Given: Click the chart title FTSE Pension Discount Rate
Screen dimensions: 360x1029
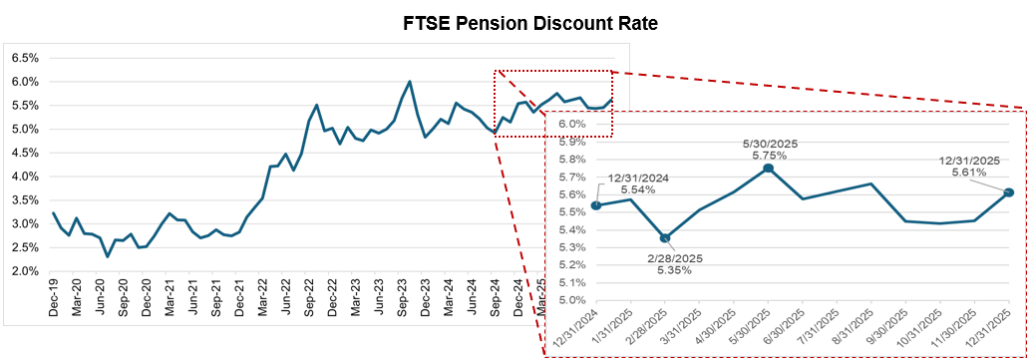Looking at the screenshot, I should (514, 23).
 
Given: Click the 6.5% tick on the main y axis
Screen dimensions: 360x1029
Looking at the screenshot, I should (24, 58).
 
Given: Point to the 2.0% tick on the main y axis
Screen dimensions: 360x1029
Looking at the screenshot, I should (24, 271).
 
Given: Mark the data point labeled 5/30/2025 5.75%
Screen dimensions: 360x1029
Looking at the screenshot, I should (768, 169).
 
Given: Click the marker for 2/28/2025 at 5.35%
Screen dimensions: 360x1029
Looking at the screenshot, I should (665, 237).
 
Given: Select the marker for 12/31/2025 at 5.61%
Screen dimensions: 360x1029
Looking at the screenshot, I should (1009, 192).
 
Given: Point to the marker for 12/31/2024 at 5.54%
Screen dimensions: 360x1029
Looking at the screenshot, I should (596, 205).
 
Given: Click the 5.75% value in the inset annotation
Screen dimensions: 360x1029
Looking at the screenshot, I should (767, 156).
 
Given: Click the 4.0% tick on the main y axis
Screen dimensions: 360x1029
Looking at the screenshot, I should (24, 177).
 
